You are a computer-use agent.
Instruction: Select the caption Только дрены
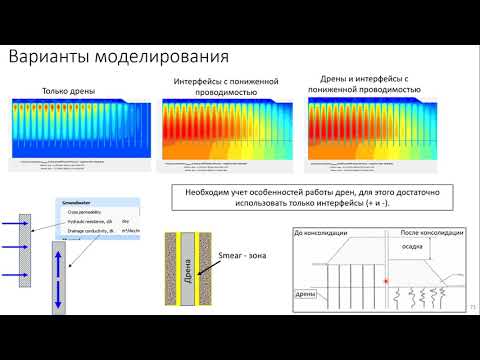(x=68, y=92)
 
